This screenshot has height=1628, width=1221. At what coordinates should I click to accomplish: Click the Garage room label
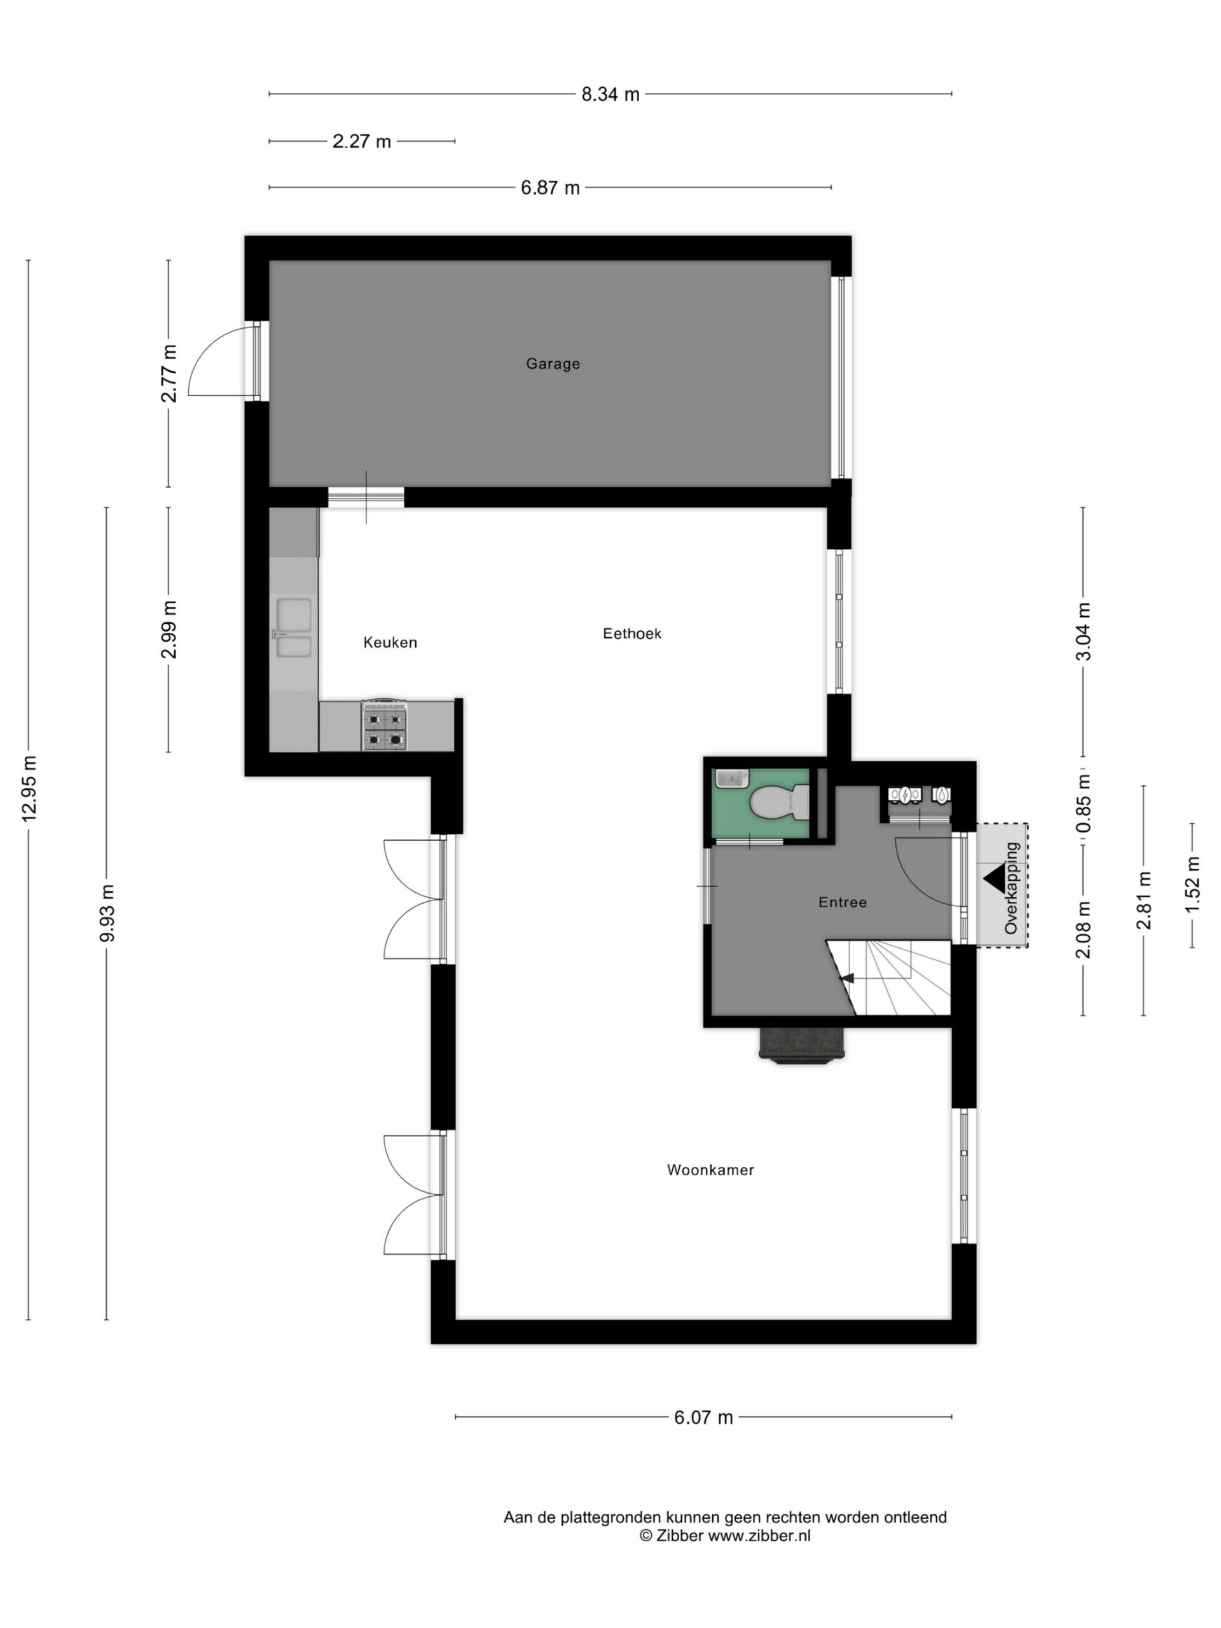coord(553,364)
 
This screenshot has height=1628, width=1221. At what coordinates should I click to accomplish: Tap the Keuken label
coord(390,642)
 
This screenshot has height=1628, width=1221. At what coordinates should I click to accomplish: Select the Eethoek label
coord(632,633)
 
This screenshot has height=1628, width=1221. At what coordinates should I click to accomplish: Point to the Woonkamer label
coord(710,1170)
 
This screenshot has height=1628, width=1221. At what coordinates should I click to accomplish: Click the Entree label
coord(843,902)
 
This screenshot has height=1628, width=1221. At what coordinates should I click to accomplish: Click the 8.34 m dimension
coord(610,94)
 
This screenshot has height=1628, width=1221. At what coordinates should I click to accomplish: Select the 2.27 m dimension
coord(361,141)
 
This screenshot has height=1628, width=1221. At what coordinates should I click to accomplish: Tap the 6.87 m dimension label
coord(550,188)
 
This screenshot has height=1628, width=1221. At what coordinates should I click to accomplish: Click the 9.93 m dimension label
coord(107,913)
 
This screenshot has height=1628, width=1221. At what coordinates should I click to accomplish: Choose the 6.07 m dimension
coord(703,1418)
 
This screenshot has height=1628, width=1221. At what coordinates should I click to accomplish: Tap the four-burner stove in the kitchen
coord(384,725)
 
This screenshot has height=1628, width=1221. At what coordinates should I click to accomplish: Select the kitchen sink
coord(294,628)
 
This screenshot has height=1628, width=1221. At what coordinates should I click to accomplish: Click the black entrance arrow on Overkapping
coord(993,878)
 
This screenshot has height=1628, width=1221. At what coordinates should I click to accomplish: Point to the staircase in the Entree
coord(889,977)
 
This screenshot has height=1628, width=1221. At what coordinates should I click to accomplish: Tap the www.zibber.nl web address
coord(759,1535)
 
